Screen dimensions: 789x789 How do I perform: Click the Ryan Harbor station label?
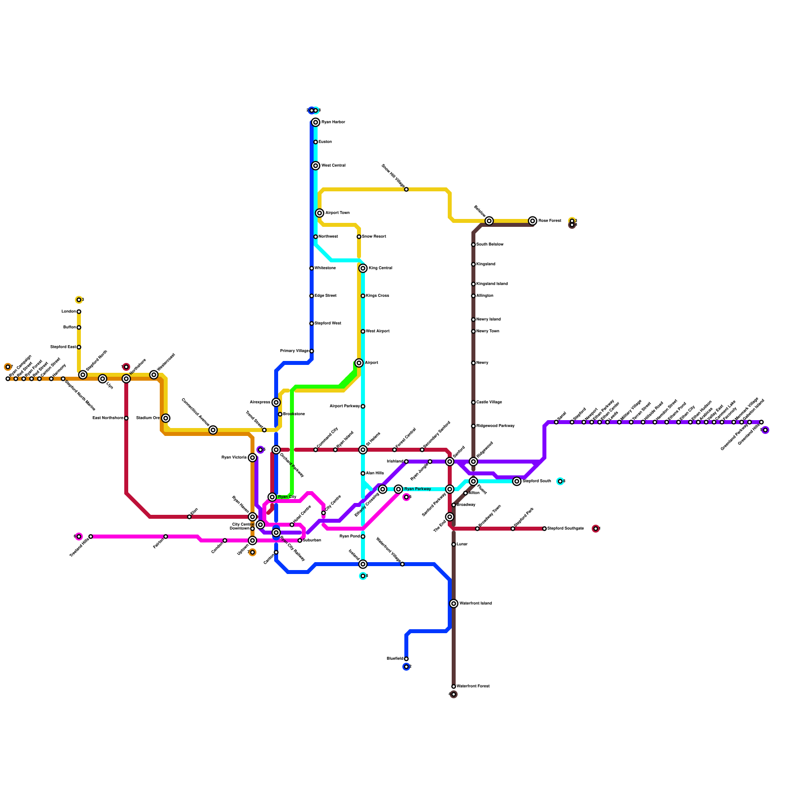[333, 122]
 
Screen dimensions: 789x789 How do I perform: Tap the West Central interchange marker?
[316, 166]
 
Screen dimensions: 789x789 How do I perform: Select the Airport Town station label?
[337, 213]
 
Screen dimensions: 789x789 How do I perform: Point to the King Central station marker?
[363, 268]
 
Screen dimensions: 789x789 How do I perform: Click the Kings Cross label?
[377, 296]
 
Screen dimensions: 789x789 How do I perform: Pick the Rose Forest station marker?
[533, 221]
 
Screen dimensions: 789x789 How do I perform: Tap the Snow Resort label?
[374, 237]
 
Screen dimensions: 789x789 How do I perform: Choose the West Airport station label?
[378, 331]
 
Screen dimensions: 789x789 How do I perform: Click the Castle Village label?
[489, 402]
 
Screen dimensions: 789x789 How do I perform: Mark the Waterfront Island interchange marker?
[454, 604]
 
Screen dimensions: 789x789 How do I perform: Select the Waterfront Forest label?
[473, 686]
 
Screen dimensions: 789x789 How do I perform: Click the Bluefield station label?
[395, 659]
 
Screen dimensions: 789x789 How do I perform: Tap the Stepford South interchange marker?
[517, 481]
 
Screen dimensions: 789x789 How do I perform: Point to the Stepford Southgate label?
[566, 529]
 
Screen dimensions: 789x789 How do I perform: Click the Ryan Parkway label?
[418, 489]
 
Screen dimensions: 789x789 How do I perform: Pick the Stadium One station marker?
[166, 418]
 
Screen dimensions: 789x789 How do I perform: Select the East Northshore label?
[108, 418]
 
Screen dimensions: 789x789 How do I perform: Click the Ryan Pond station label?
[350, 537]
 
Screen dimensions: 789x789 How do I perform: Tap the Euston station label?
[325, 142]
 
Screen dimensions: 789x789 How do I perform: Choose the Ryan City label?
[287, 497]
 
